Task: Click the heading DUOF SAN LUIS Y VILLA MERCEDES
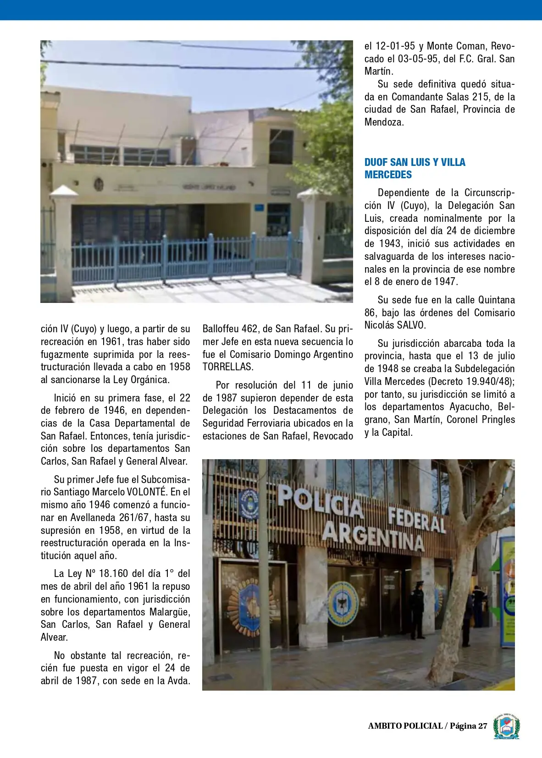point(415,168)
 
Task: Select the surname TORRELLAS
point(227,367)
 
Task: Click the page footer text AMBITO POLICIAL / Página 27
point(427,725)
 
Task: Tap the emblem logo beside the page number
point(506,726)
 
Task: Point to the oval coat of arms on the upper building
point(98,185)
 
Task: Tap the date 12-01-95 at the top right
point(395,46)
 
